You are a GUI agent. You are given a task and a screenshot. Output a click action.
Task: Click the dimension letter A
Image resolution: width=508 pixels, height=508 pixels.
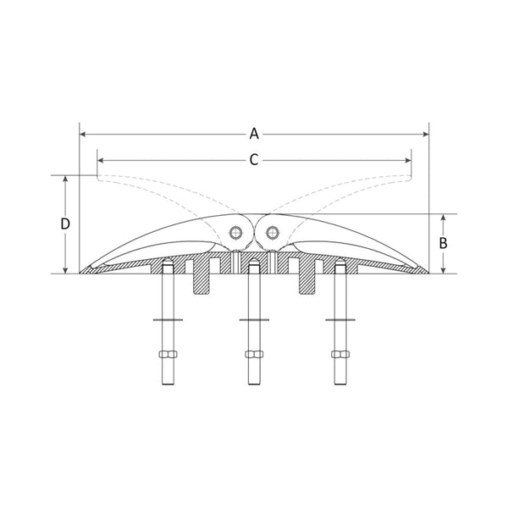[254, 133]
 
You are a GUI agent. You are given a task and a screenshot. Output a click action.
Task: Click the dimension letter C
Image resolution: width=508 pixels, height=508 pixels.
[253, 158]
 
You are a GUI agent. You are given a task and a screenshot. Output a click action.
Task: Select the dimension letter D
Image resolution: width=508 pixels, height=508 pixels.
[65, 224]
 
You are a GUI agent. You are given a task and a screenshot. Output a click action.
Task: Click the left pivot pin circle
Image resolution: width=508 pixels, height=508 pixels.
[236, 232]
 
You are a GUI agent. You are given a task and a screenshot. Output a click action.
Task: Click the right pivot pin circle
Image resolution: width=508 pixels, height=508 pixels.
[272, 232]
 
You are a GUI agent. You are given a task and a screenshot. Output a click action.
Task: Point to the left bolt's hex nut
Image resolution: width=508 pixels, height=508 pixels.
[166, 354]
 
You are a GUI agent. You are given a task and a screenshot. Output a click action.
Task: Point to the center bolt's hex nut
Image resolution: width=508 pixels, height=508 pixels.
[253, 354]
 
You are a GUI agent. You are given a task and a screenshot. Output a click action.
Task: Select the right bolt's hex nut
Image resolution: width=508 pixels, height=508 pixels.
[340, 354]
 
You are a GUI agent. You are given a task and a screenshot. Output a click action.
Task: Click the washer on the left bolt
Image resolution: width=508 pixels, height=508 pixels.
[166, 320]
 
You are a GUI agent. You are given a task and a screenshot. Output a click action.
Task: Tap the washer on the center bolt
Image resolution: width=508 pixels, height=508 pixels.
[253, 320]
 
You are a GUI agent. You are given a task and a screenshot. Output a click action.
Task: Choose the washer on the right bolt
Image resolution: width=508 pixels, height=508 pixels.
[340, 320]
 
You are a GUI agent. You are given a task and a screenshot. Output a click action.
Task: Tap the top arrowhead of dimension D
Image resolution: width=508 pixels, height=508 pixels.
[66, 179]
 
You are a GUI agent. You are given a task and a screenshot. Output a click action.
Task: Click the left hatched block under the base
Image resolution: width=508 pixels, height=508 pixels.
[202, 279]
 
